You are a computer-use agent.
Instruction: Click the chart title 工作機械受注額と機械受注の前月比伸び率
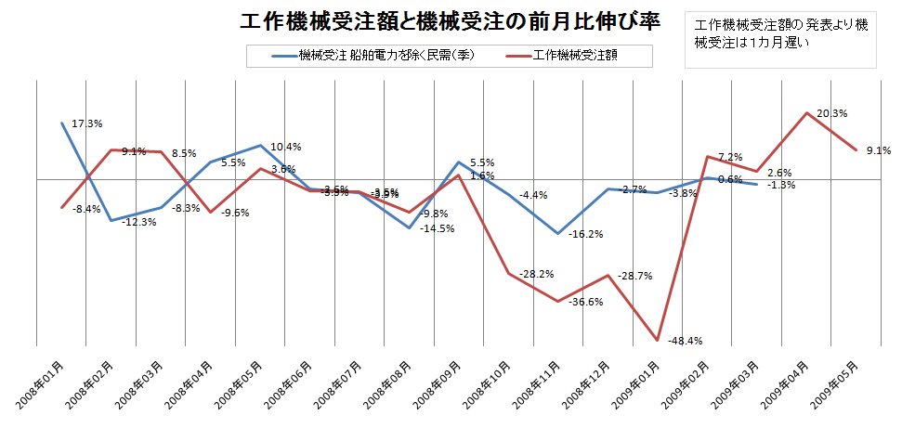450,21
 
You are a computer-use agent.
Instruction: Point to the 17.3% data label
87,123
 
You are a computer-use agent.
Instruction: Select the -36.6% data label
585,302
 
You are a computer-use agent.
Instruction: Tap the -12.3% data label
138,221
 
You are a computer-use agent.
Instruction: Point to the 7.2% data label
731,157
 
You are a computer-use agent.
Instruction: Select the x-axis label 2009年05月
831,387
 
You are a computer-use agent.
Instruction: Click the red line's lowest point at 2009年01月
657,340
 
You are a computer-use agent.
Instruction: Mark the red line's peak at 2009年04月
806,112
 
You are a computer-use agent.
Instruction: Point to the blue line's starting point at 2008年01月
62,123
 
